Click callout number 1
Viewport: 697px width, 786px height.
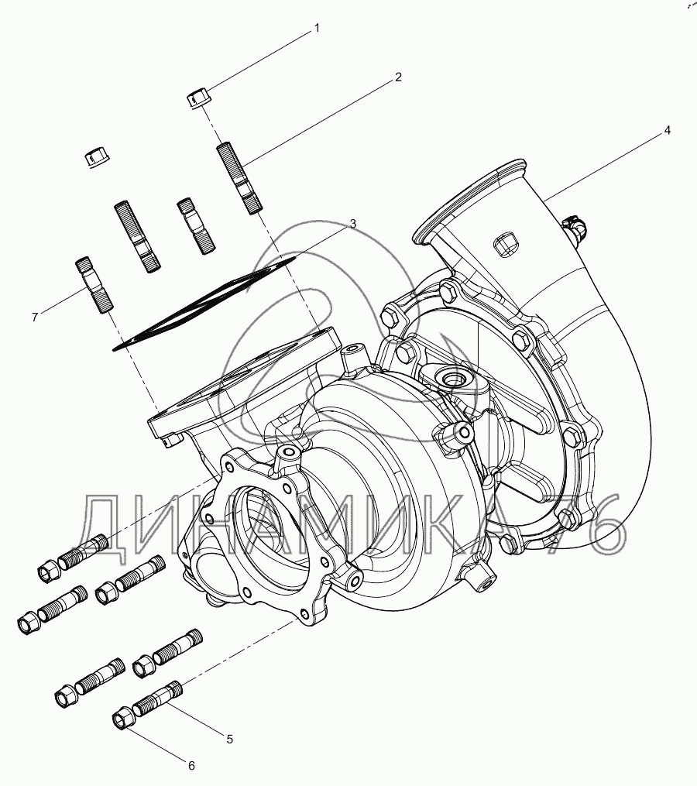point(317,29)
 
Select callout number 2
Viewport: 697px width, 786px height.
point(398,77)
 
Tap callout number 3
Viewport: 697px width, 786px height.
point(353,224)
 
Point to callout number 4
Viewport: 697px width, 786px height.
point(667,130)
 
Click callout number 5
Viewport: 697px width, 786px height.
point(230,739)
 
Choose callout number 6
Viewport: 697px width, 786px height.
point(191,765)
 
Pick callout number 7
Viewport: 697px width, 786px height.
point(35,317)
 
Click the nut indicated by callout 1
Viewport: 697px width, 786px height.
point(198,98)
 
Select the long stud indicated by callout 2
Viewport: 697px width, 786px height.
point(239,179)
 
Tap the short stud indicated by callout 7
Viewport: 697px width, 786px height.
point(94,285)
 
